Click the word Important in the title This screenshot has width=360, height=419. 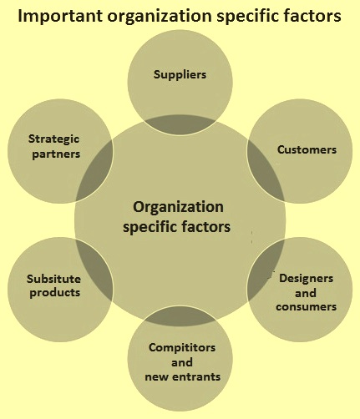60,16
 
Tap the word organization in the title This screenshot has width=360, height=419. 160,16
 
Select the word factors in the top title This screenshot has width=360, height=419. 312,15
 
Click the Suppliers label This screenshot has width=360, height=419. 180,75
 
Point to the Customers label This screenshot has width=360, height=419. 307,149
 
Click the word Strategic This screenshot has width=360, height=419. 53,139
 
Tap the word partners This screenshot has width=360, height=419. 56,154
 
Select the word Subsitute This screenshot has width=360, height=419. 53,279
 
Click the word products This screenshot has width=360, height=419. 55,293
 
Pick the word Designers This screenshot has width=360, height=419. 306,279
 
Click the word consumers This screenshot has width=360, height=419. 307,306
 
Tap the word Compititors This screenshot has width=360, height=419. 182,348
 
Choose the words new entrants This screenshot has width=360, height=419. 183,376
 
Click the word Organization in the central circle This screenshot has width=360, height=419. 178,207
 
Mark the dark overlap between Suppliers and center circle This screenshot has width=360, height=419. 180,125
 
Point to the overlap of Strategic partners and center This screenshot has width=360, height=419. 94,171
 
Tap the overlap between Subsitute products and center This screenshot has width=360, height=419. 94,270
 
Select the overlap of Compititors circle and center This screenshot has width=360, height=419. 180,316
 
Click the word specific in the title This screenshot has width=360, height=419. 247,16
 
